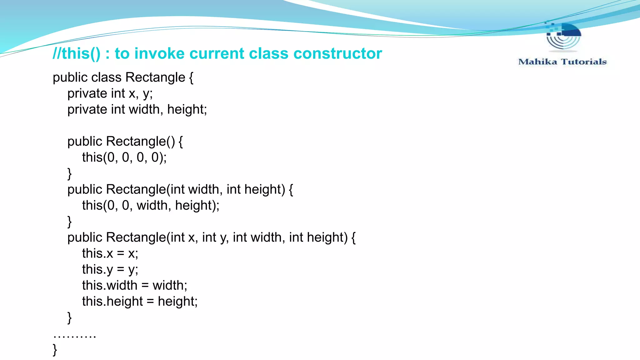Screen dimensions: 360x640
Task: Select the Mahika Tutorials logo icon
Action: click(x=563, y=37)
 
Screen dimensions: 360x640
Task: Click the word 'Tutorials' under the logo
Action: click(x=584, y=62)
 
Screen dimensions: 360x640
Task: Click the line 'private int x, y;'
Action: click(x=110, y=93)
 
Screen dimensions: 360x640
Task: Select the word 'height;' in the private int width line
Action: click(x=187, y=109)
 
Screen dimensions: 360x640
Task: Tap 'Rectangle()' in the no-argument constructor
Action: click(x=140, y=141)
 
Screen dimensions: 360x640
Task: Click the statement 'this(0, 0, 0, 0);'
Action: click(x=124, y=157)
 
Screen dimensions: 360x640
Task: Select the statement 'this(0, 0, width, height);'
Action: click(x=151, y=205)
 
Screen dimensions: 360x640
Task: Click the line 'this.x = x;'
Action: click(x=110, y=253)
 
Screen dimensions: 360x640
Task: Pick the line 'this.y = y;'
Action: click(x=110, y=269)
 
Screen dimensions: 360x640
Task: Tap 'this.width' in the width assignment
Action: click(x=110, y=285)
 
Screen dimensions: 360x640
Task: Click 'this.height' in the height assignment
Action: click(x=112, y=301)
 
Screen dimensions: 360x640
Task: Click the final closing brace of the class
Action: click(x=55, y=350)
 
